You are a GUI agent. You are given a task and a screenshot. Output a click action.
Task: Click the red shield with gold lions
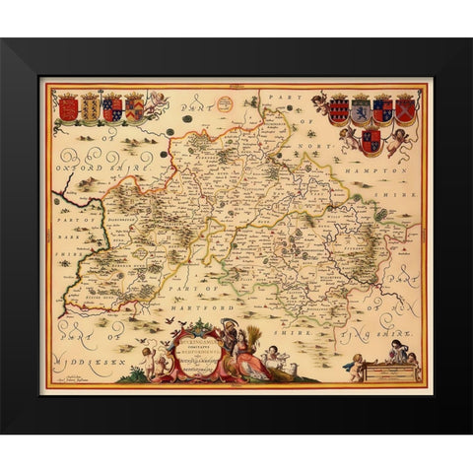point(68,106)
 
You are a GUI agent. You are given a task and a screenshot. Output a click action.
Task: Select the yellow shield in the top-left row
point(90,106)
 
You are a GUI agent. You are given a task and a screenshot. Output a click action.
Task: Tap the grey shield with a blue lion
point(360,108)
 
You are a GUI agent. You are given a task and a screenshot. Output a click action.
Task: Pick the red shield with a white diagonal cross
point(404,108)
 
